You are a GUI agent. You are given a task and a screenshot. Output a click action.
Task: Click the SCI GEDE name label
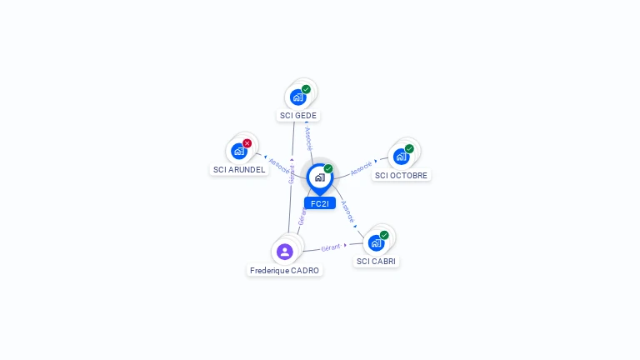click(x=298, y=116)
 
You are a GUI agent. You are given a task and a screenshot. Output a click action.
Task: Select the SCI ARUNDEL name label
click(x=239, y=169)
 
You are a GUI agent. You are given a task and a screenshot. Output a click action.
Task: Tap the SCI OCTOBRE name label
click(x=401, y=175)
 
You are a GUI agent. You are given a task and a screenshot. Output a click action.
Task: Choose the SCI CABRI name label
click(x=377, y=261)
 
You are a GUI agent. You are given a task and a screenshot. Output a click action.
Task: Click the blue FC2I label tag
click(x=319, y=203)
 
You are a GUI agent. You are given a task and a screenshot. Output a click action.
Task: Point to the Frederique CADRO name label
click(x=285, y=270)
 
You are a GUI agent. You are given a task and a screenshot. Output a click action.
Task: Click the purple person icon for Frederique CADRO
click(x=285, y=251)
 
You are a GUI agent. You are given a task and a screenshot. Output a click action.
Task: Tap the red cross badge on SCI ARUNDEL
click(x=247, y=143)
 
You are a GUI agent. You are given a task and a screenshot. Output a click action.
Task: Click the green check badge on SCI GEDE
click(x=306, y=89)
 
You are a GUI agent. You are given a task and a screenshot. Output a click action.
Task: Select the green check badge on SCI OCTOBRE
click(x=409, y=148)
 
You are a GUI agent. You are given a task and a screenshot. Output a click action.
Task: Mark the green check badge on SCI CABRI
click(x=384, y=235)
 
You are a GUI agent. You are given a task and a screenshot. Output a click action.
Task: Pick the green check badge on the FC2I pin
click(x=328, y=169)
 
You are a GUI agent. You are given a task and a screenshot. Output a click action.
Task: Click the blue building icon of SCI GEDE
click(x=297, y=97)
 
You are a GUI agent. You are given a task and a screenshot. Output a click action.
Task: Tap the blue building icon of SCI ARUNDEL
click(x=239, y=151)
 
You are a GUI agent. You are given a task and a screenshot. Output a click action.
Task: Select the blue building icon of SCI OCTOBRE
click(x=401, y=157)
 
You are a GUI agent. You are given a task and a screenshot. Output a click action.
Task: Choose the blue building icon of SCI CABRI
click(x=376, y=243)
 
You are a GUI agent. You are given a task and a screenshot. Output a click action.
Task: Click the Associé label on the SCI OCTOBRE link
click(x=362, y=168)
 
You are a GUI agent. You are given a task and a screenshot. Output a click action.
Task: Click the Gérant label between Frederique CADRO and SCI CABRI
click(x=331, y=247)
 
